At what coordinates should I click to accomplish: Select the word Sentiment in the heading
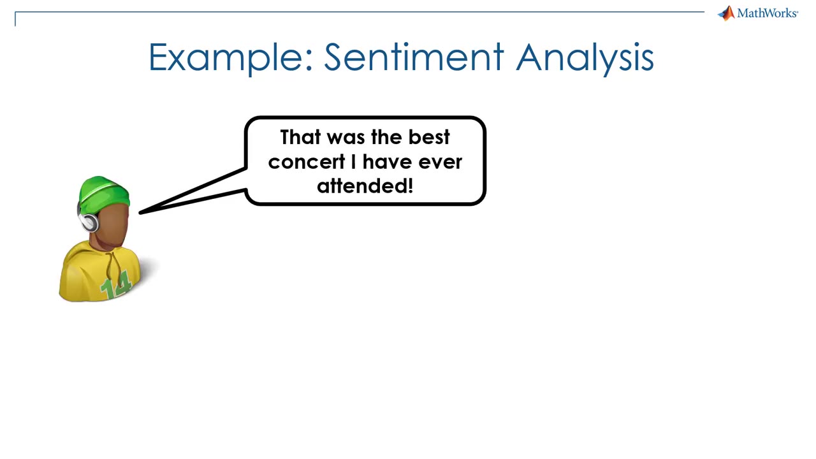tap(414, 57)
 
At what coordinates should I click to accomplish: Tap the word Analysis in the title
tap(585, 58)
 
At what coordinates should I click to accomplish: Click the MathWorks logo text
tap(768, 13)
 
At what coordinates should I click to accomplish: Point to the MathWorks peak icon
tap(726, 13)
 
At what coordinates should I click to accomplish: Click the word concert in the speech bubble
tap(307, 162)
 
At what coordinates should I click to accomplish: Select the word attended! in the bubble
tap(365, 186)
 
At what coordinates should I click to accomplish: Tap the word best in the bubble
tap(429, 137)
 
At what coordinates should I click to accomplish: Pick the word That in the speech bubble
tap(300, 137)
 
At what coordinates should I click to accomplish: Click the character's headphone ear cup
tap(89, 222)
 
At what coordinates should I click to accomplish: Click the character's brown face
tap(112, 224)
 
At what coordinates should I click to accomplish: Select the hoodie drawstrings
tap(113, 270)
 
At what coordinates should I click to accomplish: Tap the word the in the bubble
tap(386, 137)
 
